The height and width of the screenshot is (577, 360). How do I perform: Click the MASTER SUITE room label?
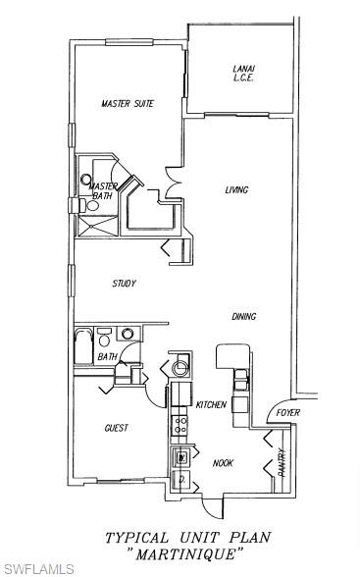pos(128,103)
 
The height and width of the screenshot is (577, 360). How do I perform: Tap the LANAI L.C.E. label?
pos(244,73)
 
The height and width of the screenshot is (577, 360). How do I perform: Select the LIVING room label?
pos(236,190)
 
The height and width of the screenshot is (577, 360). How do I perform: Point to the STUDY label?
pos(124,284)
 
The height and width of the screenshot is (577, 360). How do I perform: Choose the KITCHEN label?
pos(211,404)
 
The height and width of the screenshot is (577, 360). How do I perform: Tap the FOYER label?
pos(287,412)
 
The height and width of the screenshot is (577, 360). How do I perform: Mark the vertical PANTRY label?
pos(282,462)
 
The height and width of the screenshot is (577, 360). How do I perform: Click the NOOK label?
pos(223,463)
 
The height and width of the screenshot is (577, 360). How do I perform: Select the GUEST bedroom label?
pos(116,428)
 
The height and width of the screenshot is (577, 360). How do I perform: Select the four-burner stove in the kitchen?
pos(180,424)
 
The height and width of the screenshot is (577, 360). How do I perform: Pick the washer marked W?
pos(180,457)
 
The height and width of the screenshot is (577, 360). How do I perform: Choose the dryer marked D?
pos(180,478)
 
